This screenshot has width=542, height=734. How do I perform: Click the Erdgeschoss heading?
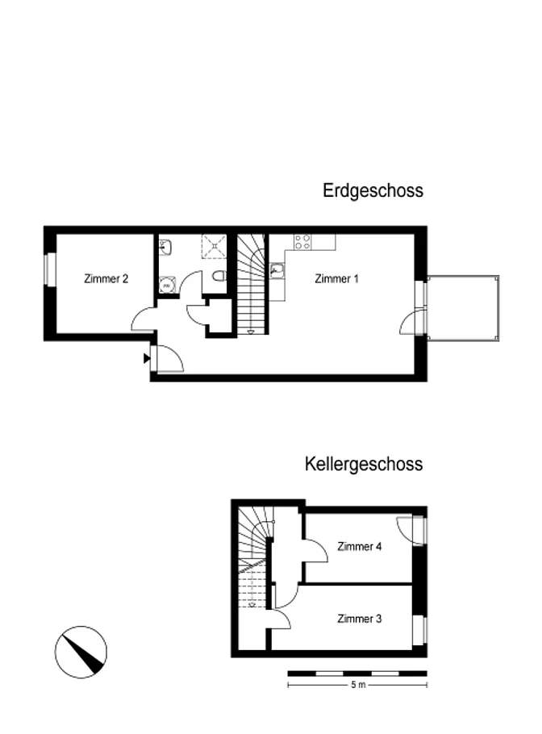point(373,190)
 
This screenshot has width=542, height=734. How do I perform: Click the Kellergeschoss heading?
point(364,464)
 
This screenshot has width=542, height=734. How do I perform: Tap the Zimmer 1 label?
point(336,279)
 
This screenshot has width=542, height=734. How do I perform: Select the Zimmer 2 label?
point(106,279)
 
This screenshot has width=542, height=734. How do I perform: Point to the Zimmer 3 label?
point(360,619)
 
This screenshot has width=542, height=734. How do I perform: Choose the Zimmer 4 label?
point(360,546)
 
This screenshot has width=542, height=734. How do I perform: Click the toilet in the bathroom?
point(219,276)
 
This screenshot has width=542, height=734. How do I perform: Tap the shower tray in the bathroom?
point(214,246)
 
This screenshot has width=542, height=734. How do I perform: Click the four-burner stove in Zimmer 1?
point(302,242)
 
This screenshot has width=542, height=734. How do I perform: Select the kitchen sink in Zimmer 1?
point(277,270)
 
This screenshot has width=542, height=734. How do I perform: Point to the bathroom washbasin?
point(165,247)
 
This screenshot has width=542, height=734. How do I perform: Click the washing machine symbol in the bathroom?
point(166,285)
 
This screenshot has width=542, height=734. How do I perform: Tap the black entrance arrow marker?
point(147,359)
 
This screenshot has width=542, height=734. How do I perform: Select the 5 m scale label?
point(358,685)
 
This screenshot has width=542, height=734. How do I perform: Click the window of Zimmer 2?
point(50,269)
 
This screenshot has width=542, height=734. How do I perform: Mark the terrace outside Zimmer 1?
point(463,308)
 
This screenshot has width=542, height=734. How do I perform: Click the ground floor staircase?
point(252,284)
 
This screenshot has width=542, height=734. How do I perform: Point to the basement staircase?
point(253,557)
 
